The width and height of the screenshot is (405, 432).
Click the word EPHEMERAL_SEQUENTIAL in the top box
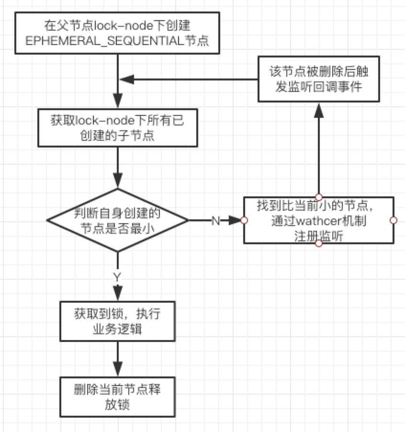tap(104, 41)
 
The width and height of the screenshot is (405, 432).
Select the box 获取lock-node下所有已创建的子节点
tap(118, 128)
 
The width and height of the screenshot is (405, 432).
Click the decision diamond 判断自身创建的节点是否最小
tap(118, 220)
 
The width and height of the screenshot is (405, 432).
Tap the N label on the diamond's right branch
tap(216, 221)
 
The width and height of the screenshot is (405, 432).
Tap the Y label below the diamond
tap(117, 277)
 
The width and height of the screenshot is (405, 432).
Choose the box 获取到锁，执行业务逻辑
tap(118, 321)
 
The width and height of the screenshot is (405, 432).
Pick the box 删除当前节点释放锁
tap(118, 397)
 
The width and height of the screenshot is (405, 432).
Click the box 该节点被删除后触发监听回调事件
tap(319, 79)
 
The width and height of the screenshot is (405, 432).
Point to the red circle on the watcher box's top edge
tap(319, 197)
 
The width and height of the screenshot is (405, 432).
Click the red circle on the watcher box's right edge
tap(394, 220)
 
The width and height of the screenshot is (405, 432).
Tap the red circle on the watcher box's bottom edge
tap(319, 244)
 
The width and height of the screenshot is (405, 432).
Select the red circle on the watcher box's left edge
tap(244, 220)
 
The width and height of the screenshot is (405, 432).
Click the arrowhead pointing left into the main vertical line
tap(127, 80)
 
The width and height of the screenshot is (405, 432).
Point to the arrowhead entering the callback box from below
tap(319, 110)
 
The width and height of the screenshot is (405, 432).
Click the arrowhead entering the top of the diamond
tap(118, 181)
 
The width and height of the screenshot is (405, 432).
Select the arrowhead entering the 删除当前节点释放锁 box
tap(118, 369)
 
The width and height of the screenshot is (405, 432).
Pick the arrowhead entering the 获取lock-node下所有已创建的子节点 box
tap(118, 101)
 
